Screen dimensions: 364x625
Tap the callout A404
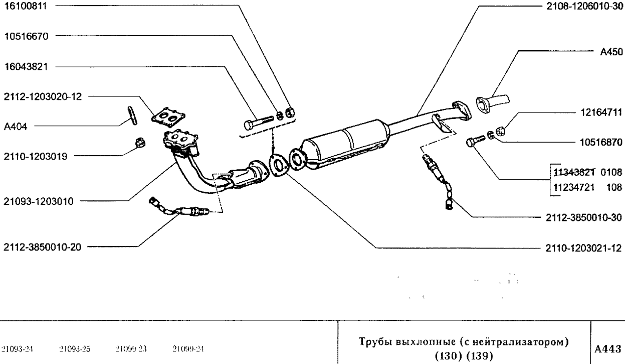tap(15, 128)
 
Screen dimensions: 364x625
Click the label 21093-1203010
tap(38, 202)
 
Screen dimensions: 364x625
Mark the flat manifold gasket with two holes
tap(168, 117)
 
